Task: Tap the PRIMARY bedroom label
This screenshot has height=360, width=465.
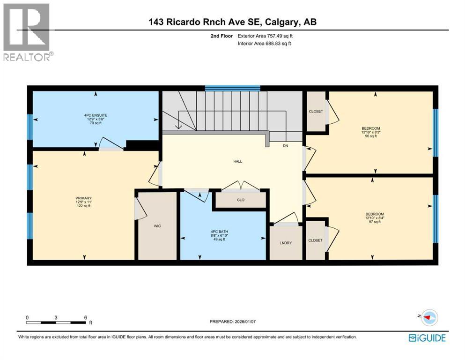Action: [x=84, y=198]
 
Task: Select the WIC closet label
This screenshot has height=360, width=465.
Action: [x=156, y=225]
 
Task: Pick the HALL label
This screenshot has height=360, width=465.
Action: [x=238, y=162]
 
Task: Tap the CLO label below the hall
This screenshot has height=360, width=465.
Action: [x=241, y=200]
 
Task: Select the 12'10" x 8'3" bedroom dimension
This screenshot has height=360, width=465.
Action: [x=370, y=132]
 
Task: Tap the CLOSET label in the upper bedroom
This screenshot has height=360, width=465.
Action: [x=316, y=112]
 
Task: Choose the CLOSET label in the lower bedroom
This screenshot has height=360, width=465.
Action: [x=315, y=240]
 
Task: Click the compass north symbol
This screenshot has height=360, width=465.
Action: [x=427, y=318]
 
